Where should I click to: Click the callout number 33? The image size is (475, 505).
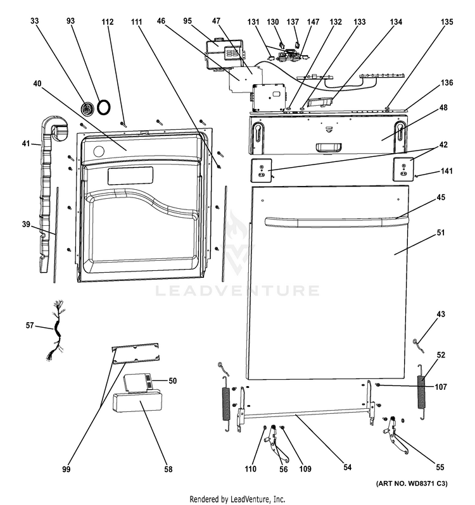(x=34, y=21)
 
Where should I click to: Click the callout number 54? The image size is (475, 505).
(x=347, y=468)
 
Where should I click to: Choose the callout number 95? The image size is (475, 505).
(x=187, y=22)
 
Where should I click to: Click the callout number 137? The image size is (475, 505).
(x=293, y=22)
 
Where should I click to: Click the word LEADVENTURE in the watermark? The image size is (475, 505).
(x=238, y=290)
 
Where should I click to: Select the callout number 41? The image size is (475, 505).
(x=26, y=144)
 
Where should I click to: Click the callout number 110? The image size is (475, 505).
(x=251, y=470)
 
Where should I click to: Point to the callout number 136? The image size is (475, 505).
(x=447, y=83)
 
